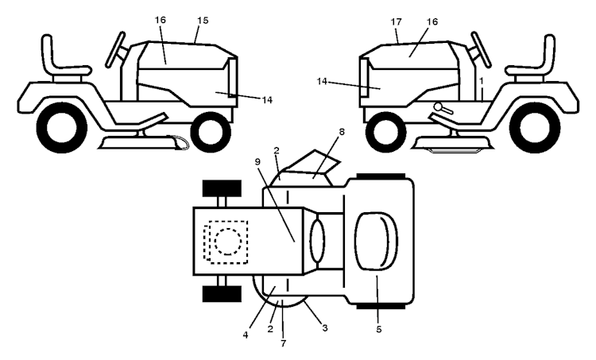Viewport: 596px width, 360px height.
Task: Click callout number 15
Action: point(203,20)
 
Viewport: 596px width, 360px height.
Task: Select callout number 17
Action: point(396,22)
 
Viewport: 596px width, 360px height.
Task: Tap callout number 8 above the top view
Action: point(342,132)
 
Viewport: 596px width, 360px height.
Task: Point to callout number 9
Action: point(257,161)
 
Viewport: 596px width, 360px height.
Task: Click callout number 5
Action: point(378,329)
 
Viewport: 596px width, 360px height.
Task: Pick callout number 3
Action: point(324,327)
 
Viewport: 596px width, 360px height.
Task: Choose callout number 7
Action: point(283,343)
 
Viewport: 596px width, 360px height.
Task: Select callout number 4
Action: point(246,335)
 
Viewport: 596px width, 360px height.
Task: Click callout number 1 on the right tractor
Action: point(482,81)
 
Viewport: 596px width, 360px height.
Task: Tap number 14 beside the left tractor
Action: point(267,100)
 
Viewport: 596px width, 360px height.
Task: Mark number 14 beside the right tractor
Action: point(322,81)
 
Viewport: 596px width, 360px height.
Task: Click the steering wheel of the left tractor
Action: point(115,50)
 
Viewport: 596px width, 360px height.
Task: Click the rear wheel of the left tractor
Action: point(61,127)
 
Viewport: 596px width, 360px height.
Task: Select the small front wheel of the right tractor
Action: point(385,132)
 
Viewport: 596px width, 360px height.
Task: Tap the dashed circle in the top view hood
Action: point(228,242)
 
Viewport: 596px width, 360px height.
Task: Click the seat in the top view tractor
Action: point(376,242)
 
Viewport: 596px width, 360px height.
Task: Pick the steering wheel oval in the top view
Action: point(318,241)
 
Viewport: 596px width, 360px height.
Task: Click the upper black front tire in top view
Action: point(222,188)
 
